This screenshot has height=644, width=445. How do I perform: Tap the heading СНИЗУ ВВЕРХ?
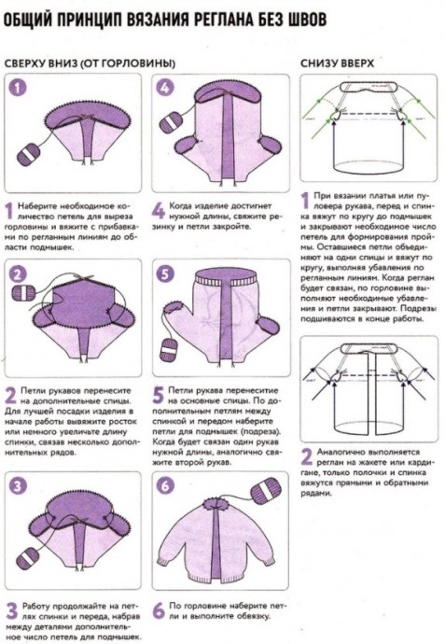coord(337,63)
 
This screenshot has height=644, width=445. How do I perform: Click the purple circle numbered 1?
coord(18,87)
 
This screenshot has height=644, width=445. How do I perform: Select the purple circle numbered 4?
coord(165,87)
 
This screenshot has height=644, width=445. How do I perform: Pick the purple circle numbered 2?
coord(19,274)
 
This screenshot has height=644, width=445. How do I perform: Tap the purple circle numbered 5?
coord(165,274)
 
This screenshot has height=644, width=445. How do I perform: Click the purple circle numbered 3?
coord(18,486)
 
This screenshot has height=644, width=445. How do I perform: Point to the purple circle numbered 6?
coord(165,486)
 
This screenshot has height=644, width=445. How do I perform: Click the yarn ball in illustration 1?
coord(29,153)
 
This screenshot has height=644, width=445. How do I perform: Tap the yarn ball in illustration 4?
coord(169,123)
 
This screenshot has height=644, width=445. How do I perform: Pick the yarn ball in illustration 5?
coord(168,350)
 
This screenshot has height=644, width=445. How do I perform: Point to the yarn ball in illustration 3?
coord(28,558)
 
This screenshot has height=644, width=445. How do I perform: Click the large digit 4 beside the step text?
coord(159,211)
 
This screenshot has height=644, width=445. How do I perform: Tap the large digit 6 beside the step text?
coord(159,611)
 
